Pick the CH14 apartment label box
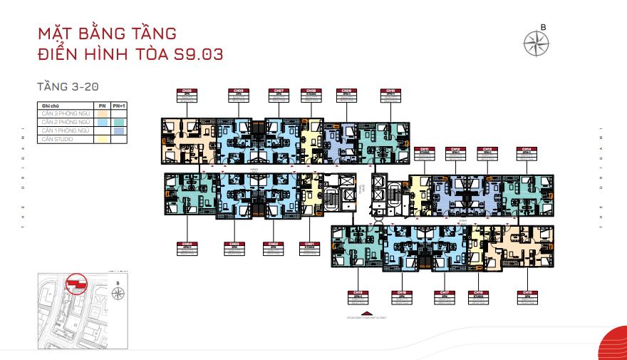coord(529,152)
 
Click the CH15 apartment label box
coord(528,296)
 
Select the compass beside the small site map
coord(118,292)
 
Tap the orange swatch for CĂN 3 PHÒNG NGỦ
coord(103,113)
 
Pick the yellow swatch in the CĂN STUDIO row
coord(103,139)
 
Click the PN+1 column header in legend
coord(119,105)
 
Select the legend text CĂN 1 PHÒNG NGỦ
coord(65,130)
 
